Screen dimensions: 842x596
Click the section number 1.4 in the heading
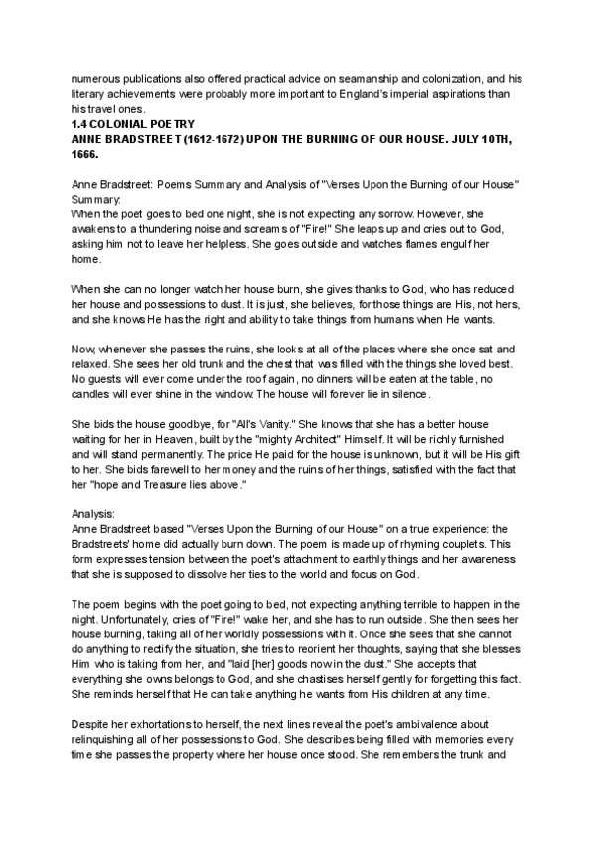79,122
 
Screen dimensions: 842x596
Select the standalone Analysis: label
95,515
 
